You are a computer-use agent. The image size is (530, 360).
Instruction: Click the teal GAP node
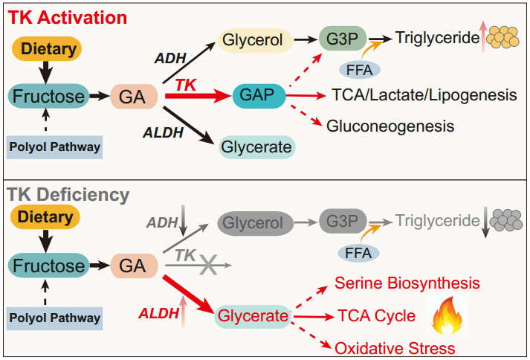[259, 96]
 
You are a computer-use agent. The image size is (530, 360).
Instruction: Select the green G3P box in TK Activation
[343, 39]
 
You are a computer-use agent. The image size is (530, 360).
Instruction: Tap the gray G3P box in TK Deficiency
[343, 221]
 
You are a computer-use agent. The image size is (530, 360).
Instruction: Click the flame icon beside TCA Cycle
[447, 315]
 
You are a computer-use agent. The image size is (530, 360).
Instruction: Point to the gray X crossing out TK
[209, 265]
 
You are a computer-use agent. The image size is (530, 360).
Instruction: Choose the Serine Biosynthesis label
[407, 283]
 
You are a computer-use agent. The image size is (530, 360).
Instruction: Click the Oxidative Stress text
[395, 349]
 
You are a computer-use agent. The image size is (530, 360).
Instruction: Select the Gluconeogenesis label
[390, 126]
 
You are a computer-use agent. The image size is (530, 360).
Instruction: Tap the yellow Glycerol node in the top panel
[255, 40]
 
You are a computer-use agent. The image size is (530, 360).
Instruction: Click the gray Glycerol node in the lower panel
[255, 223]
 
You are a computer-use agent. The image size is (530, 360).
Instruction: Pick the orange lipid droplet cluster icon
[504, 36]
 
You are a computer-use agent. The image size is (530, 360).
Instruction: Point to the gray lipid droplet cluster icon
[506, 220]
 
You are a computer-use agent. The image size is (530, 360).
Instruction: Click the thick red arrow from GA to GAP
[198, 96]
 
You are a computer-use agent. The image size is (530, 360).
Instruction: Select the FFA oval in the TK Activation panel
[360, 71]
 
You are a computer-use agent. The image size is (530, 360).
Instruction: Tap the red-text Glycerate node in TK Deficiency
[253, 316]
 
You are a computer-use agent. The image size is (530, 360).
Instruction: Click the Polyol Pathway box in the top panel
[54, 147]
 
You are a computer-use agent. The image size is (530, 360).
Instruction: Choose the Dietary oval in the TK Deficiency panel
[45, 217]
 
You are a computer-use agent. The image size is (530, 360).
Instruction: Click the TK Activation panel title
[67, 17]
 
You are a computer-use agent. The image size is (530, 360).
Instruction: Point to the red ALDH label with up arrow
[163, 313]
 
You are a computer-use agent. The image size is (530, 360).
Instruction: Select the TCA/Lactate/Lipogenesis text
[424, 95]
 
